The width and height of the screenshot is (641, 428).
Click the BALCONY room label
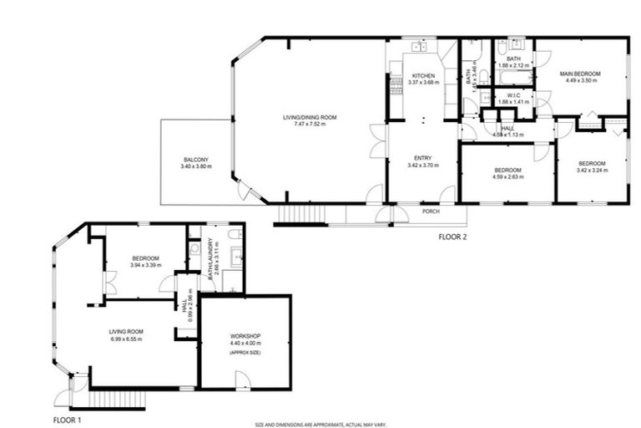pyautogui.click(x=196, y=160)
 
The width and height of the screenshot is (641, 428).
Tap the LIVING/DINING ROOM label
pyautogui.click(x=309, y=117)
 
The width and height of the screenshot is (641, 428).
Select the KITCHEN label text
pyautogui.click(x=423, y=75)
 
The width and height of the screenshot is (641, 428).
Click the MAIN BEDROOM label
pyautogui.click(x=583, y=74)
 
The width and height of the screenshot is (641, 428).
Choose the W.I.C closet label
pyautogui.click(x=513, y=95)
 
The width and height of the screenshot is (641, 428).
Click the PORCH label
pyautogui.click(x=431, y=211)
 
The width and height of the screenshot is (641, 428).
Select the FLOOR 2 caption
pyautogui.click(x=456, y=237)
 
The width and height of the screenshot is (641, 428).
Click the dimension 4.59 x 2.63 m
pyautogui.click(x=507, y=176)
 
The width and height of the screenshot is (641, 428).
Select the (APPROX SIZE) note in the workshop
pyautogui.click(x=245, y=354)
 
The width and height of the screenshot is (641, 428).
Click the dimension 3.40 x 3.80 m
pyautogui.click(x=196, y=167)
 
